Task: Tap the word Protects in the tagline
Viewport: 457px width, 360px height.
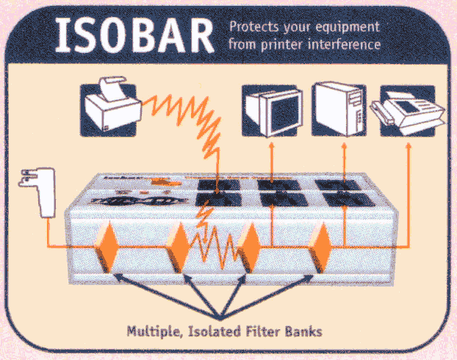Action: tap(254, 27)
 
